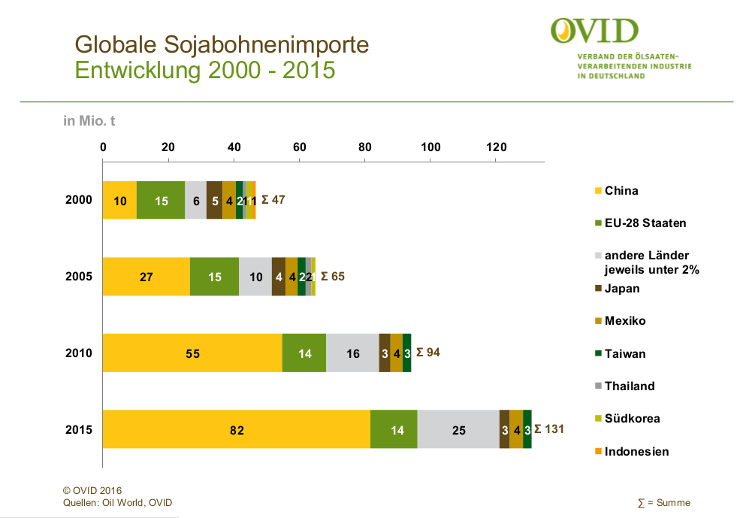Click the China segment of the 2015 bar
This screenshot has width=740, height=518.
tap(237, 429)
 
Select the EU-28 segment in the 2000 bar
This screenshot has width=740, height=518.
tap(161, 201)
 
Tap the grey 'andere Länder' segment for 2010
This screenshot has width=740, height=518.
tap(352, 353)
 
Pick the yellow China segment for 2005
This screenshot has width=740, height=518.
tap(146, 277)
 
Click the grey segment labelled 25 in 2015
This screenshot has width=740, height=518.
tap(458, 429)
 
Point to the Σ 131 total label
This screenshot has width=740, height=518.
tap(548, 429)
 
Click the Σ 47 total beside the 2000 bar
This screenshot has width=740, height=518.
tap(273, 200)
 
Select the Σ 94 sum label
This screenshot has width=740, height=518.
tap(427, 352)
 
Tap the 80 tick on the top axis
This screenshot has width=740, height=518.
tap(365, 147)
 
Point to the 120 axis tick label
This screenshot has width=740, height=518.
tap(496, 147)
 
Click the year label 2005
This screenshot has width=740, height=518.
tap(79, 277)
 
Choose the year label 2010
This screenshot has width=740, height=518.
tap(79, 353)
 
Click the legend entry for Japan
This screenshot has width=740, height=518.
tap(621, 288)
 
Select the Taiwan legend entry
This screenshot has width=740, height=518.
tap(624, 353)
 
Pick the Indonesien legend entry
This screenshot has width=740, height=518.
tap(636, 451)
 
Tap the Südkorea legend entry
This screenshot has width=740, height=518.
tap(632, 418)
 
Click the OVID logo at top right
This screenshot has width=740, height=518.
tap(594, 31)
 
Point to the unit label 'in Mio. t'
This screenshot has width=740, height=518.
tap(89, 120)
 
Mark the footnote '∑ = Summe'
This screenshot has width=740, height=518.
tap(663, 503)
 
